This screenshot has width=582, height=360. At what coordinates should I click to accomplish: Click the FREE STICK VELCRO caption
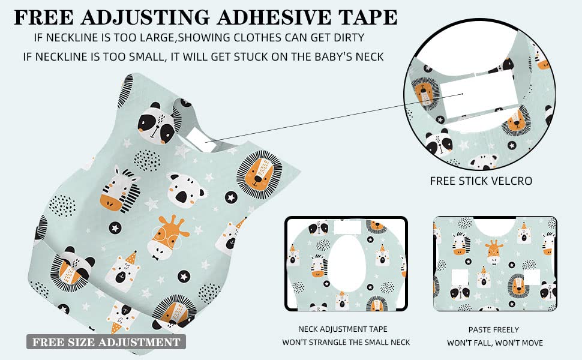[x=481, y=181]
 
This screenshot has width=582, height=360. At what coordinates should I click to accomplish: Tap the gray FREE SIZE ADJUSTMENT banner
[x=106, y=342]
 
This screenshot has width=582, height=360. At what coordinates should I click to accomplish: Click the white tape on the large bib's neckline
[x=197, y=139]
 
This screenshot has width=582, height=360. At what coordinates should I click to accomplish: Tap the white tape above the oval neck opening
[x=347, y=227]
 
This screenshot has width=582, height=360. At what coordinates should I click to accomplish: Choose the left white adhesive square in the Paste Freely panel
[x=460, y=278]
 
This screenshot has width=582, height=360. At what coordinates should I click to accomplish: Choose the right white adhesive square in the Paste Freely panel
[x=532, y=277]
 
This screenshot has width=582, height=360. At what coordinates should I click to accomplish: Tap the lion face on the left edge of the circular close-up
[x=424, y=94]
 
